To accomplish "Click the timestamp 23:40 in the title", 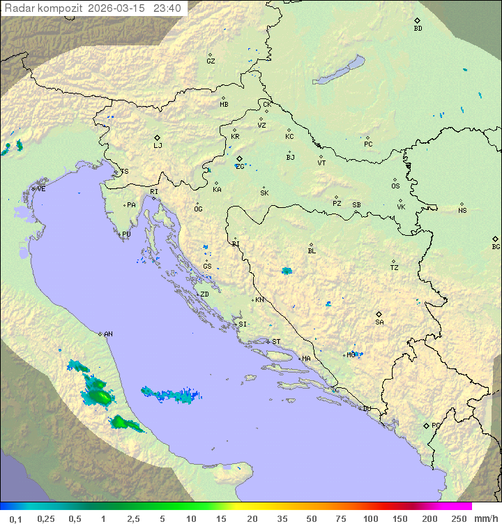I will pos(168,8).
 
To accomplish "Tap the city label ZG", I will pos(240,166).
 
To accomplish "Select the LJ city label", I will pos(158,146).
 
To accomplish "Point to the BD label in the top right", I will pos(418,29).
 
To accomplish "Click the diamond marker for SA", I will pos(379,314).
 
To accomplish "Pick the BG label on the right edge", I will pos(496,246).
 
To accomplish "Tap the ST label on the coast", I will pos(276,342).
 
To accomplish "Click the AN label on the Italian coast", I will pos(108,334).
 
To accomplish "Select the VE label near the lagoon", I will pos(41,189).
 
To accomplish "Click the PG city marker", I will pos(427,425).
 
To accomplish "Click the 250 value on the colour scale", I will pos(459,518).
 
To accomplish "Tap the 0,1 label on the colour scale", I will pos(15,518).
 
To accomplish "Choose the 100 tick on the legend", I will pos(370,518).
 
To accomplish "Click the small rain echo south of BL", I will pos(287,271).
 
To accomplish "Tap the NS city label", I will pos(462,210).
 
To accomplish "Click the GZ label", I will pos(211,61).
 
